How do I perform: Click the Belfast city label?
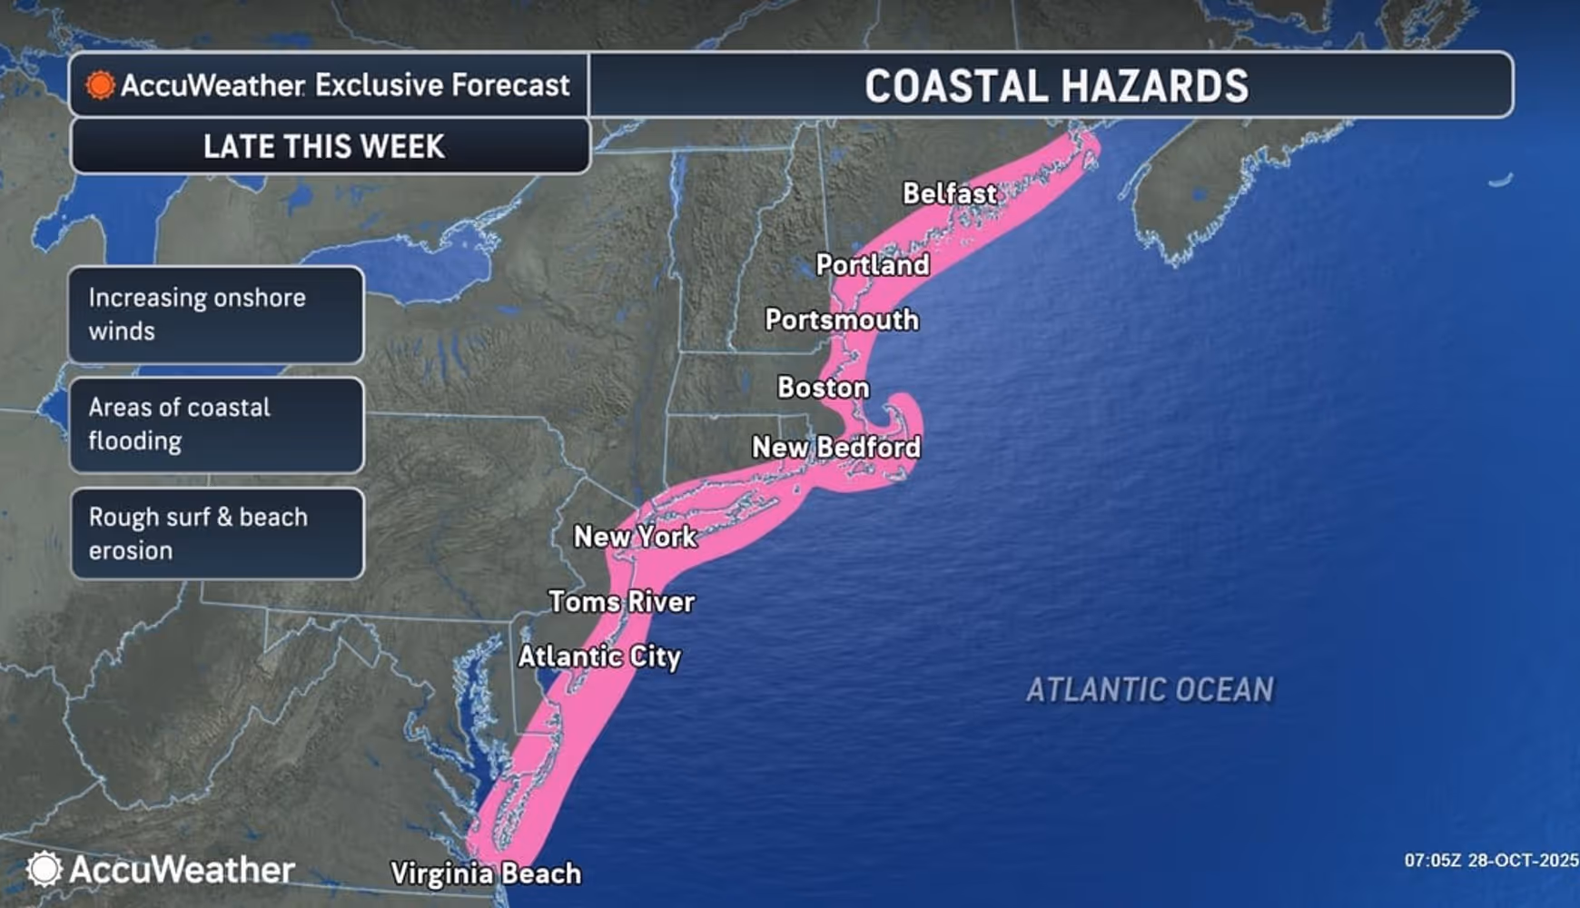949,193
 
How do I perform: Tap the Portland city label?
872,265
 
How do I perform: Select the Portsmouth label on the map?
841,320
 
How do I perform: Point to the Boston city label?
823,388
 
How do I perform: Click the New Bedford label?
835,447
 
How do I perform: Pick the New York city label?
635,537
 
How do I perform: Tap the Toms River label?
621,601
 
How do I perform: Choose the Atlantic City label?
599,656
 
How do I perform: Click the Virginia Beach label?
485,873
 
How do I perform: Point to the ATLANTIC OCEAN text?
1150,690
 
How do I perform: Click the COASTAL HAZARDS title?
1055,86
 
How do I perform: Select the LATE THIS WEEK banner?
324,146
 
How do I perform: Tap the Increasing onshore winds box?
216,314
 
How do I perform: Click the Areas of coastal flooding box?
216,424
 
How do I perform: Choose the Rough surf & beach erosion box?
216,534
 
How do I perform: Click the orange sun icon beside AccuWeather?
100,85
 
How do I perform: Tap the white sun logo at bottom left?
44,869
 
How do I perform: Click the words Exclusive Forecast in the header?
442,85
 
